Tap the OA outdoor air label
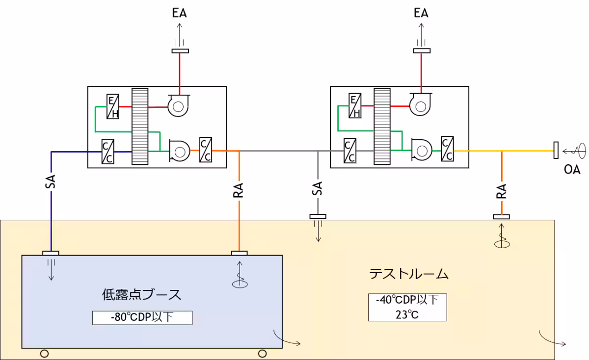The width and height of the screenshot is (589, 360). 572,170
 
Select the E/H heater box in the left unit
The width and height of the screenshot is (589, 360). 113,107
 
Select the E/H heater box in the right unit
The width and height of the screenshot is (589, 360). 354,107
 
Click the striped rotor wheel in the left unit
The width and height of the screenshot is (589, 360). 140,127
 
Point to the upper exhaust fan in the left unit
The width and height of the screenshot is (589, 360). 177,106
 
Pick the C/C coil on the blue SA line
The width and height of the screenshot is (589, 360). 108,152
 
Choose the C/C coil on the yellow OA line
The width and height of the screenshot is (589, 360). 447,148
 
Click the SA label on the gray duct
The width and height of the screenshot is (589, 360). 318,189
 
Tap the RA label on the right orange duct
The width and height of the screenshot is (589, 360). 501,191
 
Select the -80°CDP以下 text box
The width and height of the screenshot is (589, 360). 142,317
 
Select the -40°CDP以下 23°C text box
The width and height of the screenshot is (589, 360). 407,307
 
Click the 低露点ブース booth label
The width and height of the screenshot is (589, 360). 141,294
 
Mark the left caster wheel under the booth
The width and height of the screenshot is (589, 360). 44,353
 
